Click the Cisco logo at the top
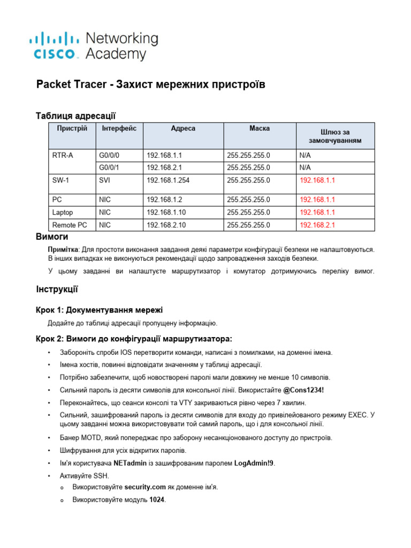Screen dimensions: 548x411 coord(93,46)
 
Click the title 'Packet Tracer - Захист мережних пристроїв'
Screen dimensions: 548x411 coord(150,85)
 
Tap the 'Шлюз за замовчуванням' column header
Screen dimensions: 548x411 coord(335,136)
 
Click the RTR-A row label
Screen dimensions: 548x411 coord(63,155)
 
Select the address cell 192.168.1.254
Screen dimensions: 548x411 coord(168,181)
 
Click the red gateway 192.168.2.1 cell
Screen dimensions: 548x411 coord(317,225)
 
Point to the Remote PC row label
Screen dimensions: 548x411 coord(69,225)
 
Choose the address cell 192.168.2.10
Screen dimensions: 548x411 coord(166,225)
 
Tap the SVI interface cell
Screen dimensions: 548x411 coord(105,181)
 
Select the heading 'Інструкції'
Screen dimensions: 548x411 coord(57,290)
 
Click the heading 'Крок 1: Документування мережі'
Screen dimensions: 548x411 coord(99,310)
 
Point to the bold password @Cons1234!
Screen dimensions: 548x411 coord(303,390)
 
